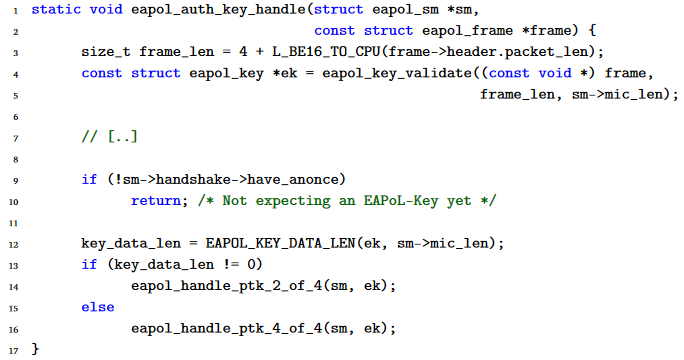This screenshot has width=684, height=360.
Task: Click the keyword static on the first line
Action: point(55,10)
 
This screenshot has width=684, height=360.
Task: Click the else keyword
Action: point(97,307)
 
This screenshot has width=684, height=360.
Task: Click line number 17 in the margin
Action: point(9,350)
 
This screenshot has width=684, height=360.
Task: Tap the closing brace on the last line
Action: point(35,350)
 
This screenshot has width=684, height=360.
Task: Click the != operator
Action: point(222,265)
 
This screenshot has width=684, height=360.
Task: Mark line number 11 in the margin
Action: point(9,223)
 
